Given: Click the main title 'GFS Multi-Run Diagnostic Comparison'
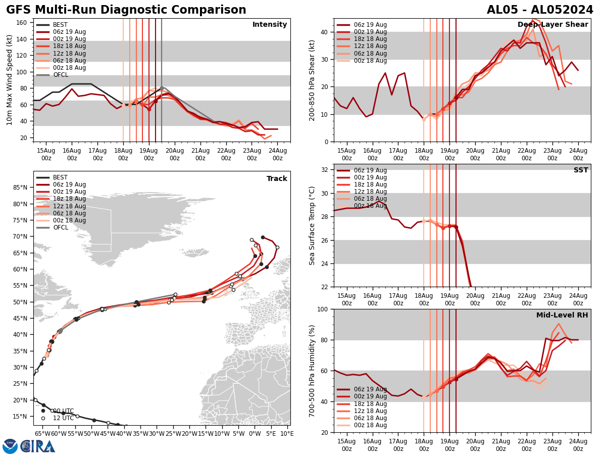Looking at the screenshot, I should [x=126, y=10].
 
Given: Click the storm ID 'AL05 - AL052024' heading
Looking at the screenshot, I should [x=540, y=10].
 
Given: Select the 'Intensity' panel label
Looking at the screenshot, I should [x=270, y=25].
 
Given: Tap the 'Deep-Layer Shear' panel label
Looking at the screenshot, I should [x=552, y=25].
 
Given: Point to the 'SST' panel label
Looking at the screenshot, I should [x=581, y=170].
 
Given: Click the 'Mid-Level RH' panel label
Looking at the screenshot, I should [x=562, y=315].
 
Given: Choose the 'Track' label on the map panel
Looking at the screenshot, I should [x=277, y=179].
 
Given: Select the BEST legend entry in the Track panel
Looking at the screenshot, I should [x=60, y=177].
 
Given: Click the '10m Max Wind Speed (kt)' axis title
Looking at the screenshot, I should [x=10, y=80].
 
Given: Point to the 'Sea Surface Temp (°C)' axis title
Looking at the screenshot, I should [x=312, y=225].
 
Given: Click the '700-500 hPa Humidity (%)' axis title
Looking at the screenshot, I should [x=313, y=371].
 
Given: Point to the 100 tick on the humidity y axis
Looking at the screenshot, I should [x=324, y=309].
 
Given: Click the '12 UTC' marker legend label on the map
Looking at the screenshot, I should [x=63, y=418].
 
